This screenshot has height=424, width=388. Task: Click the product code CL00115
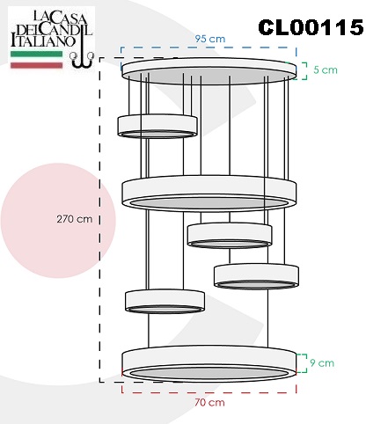(x=311, y=27)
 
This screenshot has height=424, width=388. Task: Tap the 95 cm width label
(x=210, y=39)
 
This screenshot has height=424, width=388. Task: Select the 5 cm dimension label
(x=326, y=70)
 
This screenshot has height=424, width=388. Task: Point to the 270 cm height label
(x=75, y=219)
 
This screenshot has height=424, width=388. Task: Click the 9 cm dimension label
(x=322, y=363)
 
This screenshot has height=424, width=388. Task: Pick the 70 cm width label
(x=209, y=402)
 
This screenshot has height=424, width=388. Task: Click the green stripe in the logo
(x=37, y=54)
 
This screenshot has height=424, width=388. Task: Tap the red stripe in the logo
(x=37, y=65)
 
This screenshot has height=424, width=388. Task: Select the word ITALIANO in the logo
(x=43, y=40)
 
